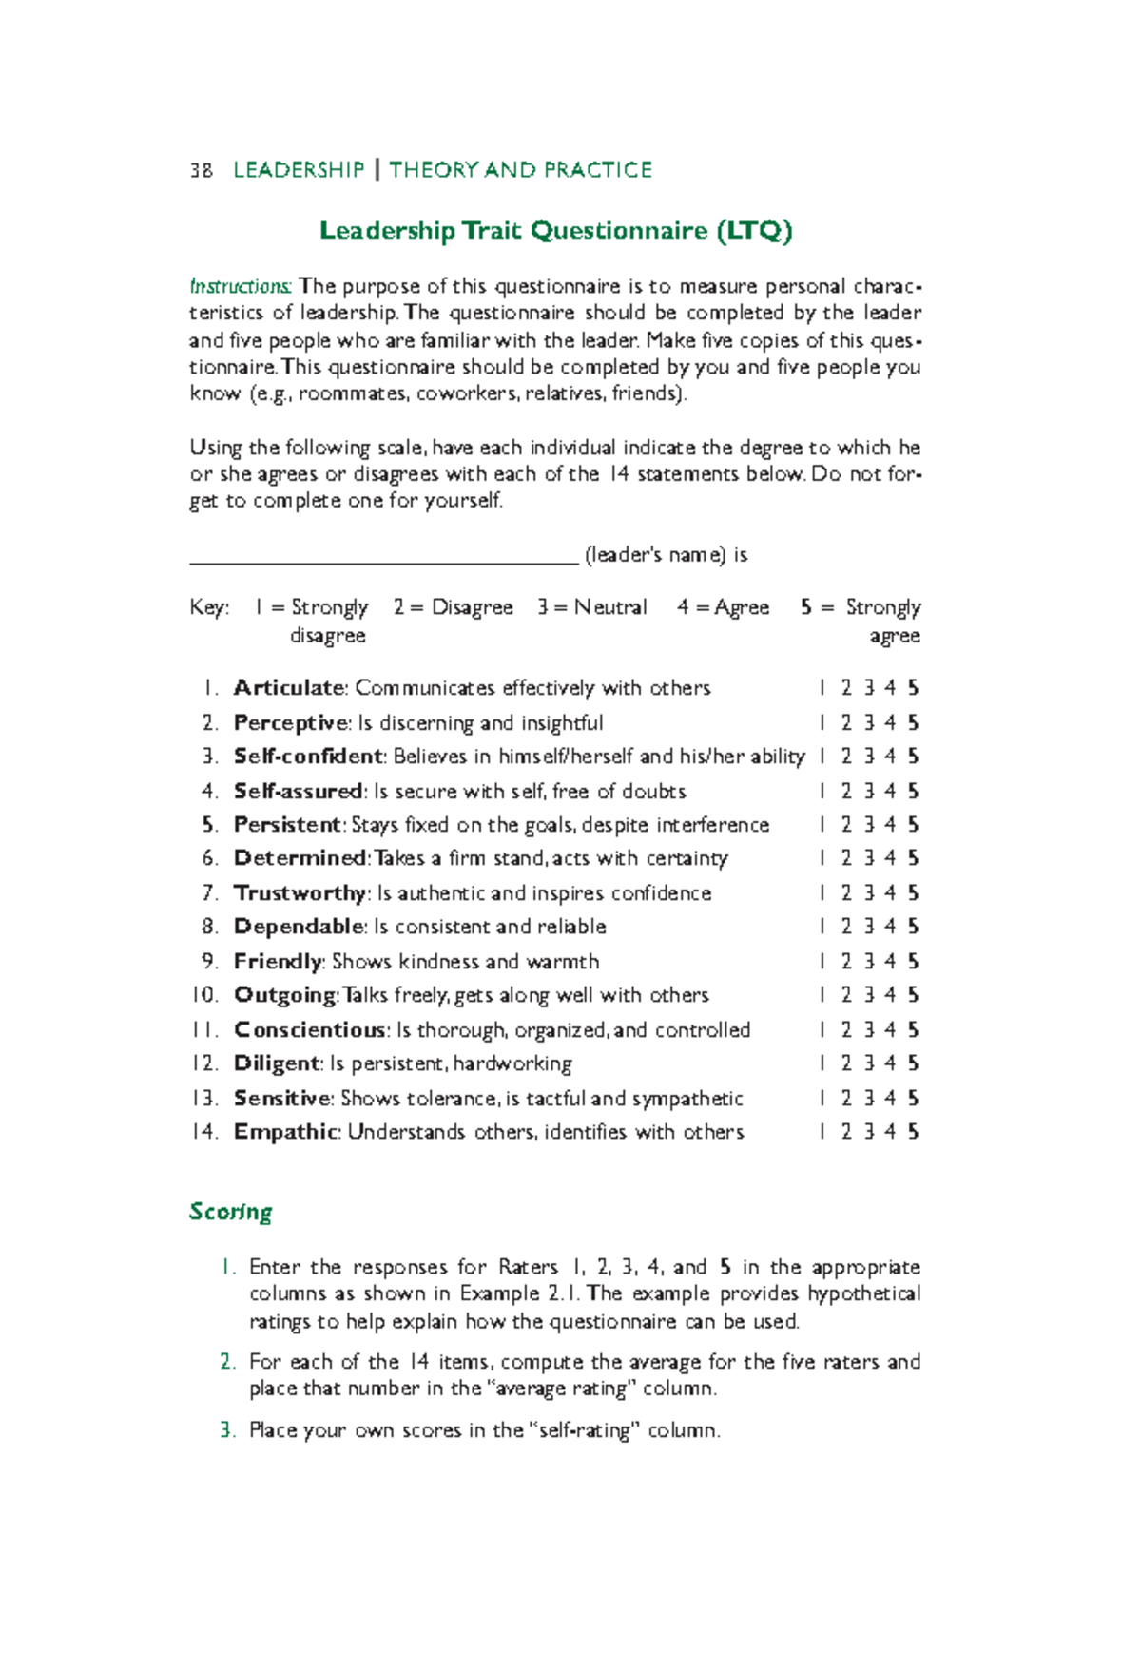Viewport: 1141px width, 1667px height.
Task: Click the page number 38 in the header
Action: click(x=201, y=170)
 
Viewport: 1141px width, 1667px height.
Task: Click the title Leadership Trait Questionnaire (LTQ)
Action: click(x=555, y=231)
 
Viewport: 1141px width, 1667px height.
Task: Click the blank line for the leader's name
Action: click(x=384, y=557)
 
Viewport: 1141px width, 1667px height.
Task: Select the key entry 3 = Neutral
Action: click(x=591, y=607)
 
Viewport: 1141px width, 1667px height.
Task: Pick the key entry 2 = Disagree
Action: click(x=453, y=607)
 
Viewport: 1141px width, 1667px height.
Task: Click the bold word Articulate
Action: click(x=289, y=688)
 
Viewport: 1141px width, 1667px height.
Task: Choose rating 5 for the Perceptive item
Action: click(x=913, y=723)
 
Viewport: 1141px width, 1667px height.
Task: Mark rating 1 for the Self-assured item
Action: click(x=822, y=792)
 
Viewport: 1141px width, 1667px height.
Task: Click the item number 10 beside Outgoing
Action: click(x=204, y=995)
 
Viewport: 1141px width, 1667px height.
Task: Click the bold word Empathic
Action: click(x=285, y=1132)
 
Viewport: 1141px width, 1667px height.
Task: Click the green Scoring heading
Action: click(x=230, y=1212)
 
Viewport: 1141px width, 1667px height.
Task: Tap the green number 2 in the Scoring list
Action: click(x=226, y=1362)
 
